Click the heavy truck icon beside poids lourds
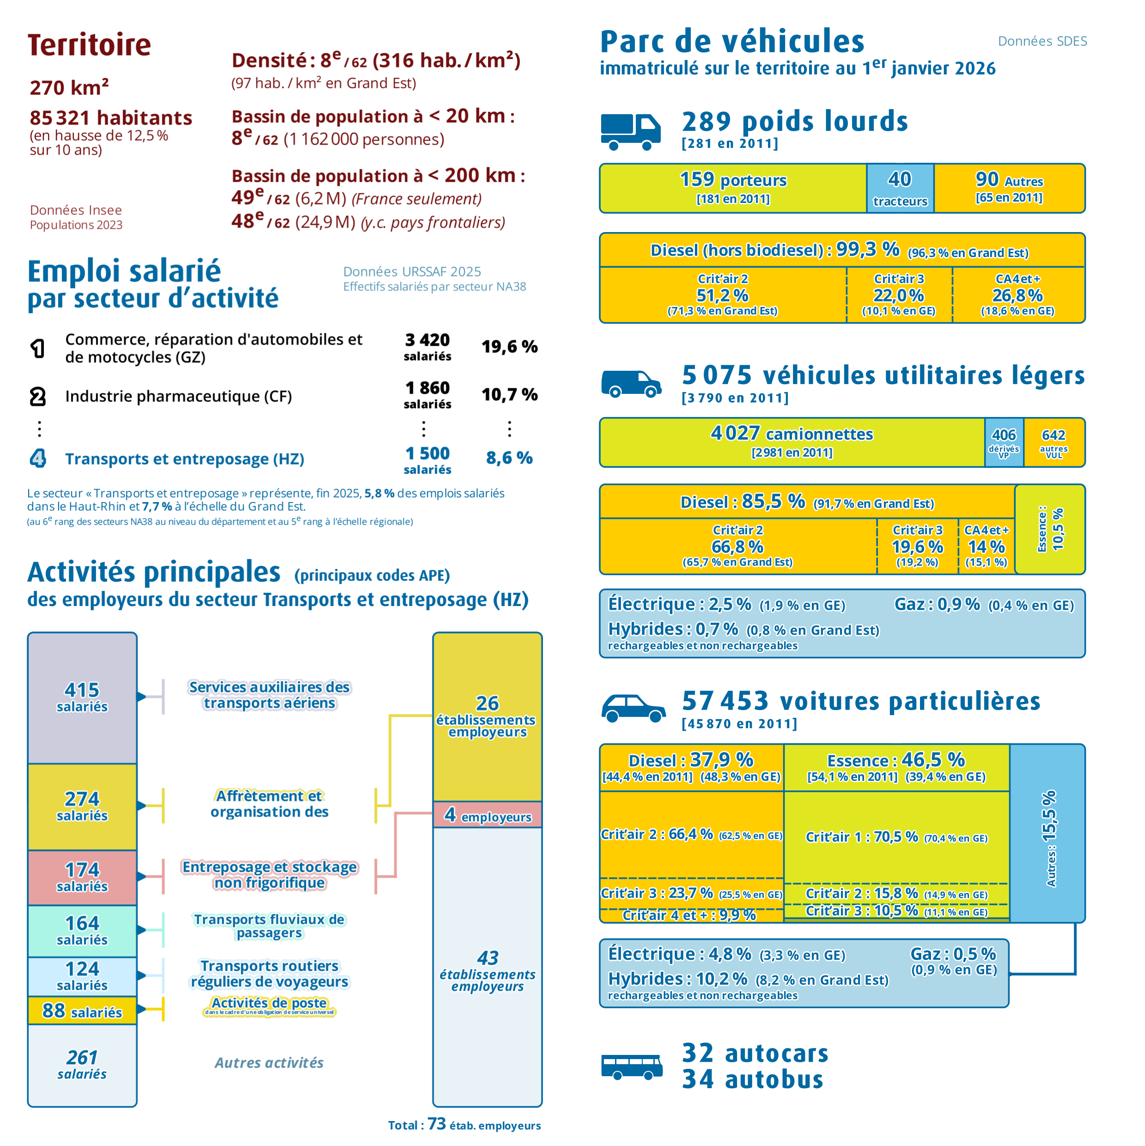(630, 132)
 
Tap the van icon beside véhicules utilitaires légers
(631, 384)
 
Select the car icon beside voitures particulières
(633, 708)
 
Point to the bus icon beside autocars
(632, 1066)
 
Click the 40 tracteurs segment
(900, 188)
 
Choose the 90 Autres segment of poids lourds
(1009, 188)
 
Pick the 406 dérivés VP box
(1004, 442)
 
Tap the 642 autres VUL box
(1054, 442)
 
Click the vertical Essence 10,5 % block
(1050, 529)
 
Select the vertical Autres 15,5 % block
(1048, 833)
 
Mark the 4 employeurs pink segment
(487, 815)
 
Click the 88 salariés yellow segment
(82, 1011)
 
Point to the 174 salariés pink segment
(82, 877)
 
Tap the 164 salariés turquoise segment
(82, 931)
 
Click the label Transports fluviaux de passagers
(269, 926)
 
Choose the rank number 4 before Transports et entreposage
(37, 458)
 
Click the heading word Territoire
(90, 45)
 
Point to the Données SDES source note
(1042, 41)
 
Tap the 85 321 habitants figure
(111, 117)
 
